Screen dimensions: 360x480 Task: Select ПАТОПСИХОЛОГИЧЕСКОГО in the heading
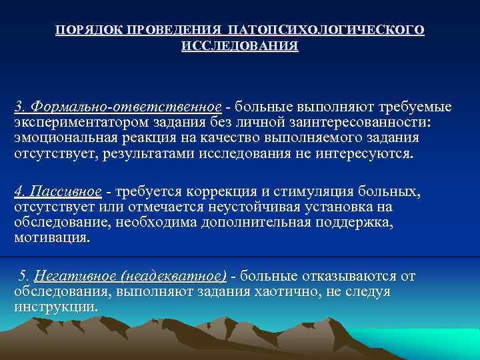[x=325, y=31]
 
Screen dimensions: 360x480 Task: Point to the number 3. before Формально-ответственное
[x=21, y=107]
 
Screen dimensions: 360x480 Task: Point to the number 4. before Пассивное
[x=21, y=192]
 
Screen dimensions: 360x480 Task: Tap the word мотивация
[x=51, y=238]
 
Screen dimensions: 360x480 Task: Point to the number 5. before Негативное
[x=24, y=276]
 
